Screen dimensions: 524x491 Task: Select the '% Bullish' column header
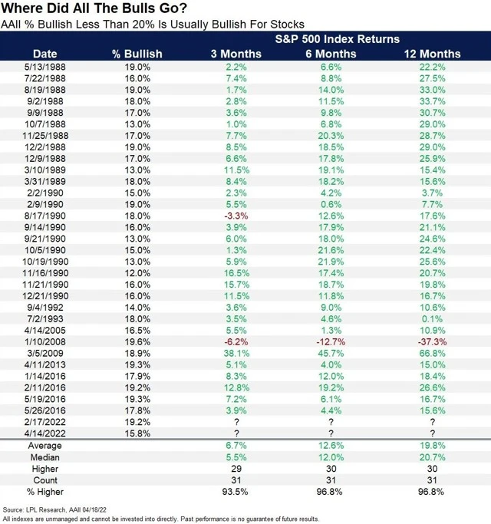point(137,54)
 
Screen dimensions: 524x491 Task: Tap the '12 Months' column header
point(433,54)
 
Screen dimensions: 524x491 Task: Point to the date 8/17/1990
point(44,216)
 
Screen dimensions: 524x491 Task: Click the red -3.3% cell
point(236,216)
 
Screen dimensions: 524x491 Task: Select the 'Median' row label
point(44,457)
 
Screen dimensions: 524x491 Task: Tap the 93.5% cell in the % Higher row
point(236,491)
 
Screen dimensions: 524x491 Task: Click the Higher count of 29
point(236,469)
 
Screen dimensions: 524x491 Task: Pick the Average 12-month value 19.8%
point(433,446)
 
